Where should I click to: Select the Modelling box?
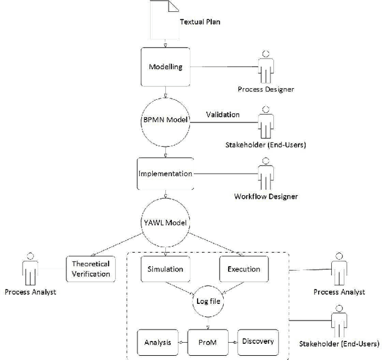[x=165, y=66]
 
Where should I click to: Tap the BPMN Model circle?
[x=165, y=120]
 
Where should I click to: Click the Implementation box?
[x=165, y=174]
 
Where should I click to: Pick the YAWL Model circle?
[x=165, y=223]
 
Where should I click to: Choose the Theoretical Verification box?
[x=91, y=269]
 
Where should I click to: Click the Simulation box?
[x=165, y=269]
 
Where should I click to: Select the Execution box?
[x=244, y=269]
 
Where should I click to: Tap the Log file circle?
[x=207, y=301]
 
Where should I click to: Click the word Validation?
[x=223, y=114]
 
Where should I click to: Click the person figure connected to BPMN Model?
[x=264, y=121]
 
